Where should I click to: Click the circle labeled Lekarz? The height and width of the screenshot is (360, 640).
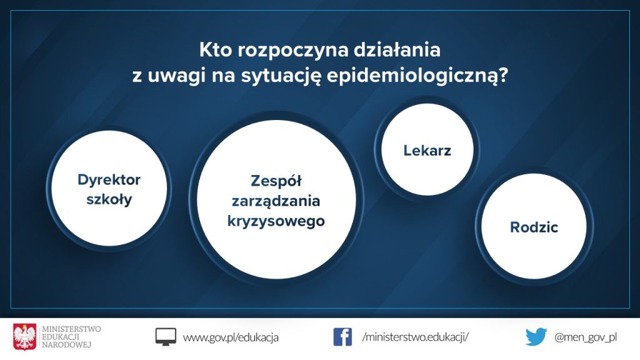pyautogui.click(x=427, y=149)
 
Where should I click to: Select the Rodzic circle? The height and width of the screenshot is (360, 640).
pyautogui.click(x=534, y=226)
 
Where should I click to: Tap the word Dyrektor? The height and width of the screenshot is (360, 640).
pyautogui.click(x=109, y=180)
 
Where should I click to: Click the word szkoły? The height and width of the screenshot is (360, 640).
pyautogui.click(x=109, y=199)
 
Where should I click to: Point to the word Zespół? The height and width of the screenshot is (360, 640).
pyautogui.click(x=276, y=181)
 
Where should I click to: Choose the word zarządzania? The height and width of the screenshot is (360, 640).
pyautogui.click(x=276, y=201)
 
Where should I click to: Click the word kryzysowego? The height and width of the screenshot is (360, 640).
pyautogui.click(x=276, y=221)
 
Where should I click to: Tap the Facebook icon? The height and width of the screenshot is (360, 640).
pyautogui.click(x=342, y=337)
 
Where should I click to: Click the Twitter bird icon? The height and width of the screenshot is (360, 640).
pyautogui.click(x=536, y=337)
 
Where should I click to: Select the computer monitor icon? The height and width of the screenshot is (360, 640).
pyautogui.click(x=166, y=337)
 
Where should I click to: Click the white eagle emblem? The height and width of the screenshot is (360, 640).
pyautogui.click(x=24, y=337)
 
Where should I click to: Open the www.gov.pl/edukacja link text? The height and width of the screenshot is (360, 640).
pyautogui.click(x=231, y=337)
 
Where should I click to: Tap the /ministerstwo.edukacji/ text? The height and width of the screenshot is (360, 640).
pyautogui.click(x=416, y=337)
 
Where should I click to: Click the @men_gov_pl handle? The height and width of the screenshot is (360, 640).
pyautogui.click(x=585, y=337)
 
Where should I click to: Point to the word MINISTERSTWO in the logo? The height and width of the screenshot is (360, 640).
pyautogui.click(x=71, y=329)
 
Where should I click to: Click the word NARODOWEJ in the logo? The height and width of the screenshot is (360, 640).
pyautogui.click(x=66, y=345)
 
